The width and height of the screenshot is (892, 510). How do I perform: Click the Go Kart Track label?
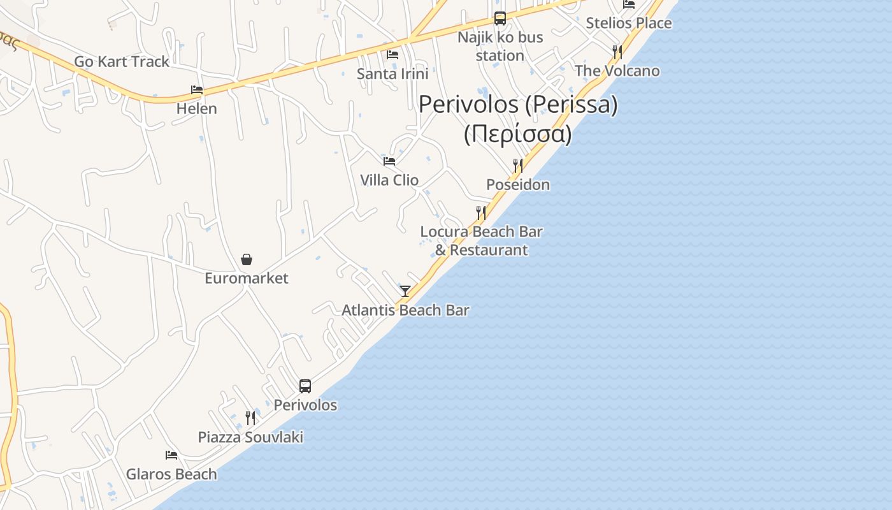point(122,62)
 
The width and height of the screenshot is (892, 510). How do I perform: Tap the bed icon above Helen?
point(197,90)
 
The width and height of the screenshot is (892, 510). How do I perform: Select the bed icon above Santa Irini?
point(392,55)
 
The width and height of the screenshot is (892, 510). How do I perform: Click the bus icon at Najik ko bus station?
point(500,18)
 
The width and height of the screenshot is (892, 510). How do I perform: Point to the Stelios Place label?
point(628,23)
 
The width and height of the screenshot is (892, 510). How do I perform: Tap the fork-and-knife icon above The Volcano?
point(617,52)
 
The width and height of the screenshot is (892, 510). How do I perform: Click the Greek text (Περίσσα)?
point(517,135)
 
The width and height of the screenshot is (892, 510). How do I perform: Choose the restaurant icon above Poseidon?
point(518,166)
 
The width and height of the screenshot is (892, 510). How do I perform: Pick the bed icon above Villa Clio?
point(389,161)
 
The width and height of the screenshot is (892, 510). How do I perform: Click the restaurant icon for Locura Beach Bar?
point(481,212)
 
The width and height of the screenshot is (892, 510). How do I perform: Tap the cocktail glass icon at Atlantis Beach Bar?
point(405,291)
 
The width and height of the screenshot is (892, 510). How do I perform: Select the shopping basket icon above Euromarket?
point(247,259)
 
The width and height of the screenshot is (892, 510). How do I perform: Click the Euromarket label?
point(246,279)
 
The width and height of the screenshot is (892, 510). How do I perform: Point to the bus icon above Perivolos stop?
point(305,386)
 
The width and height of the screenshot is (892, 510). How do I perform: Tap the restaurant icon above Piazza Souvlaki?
point(250,418)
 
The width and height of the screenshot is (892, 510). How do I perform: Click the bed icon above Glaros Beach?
point(171,455)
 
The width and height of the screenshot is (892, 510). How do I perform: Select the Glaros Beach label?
point(171,474)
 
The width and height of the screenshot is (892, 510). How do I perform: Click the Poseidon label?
point(518,185)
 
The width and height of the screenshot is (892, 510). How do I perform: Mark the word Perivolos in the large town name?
point(468,105)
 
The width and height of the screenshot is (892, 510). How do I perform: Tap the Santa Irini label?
point(392,74)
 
